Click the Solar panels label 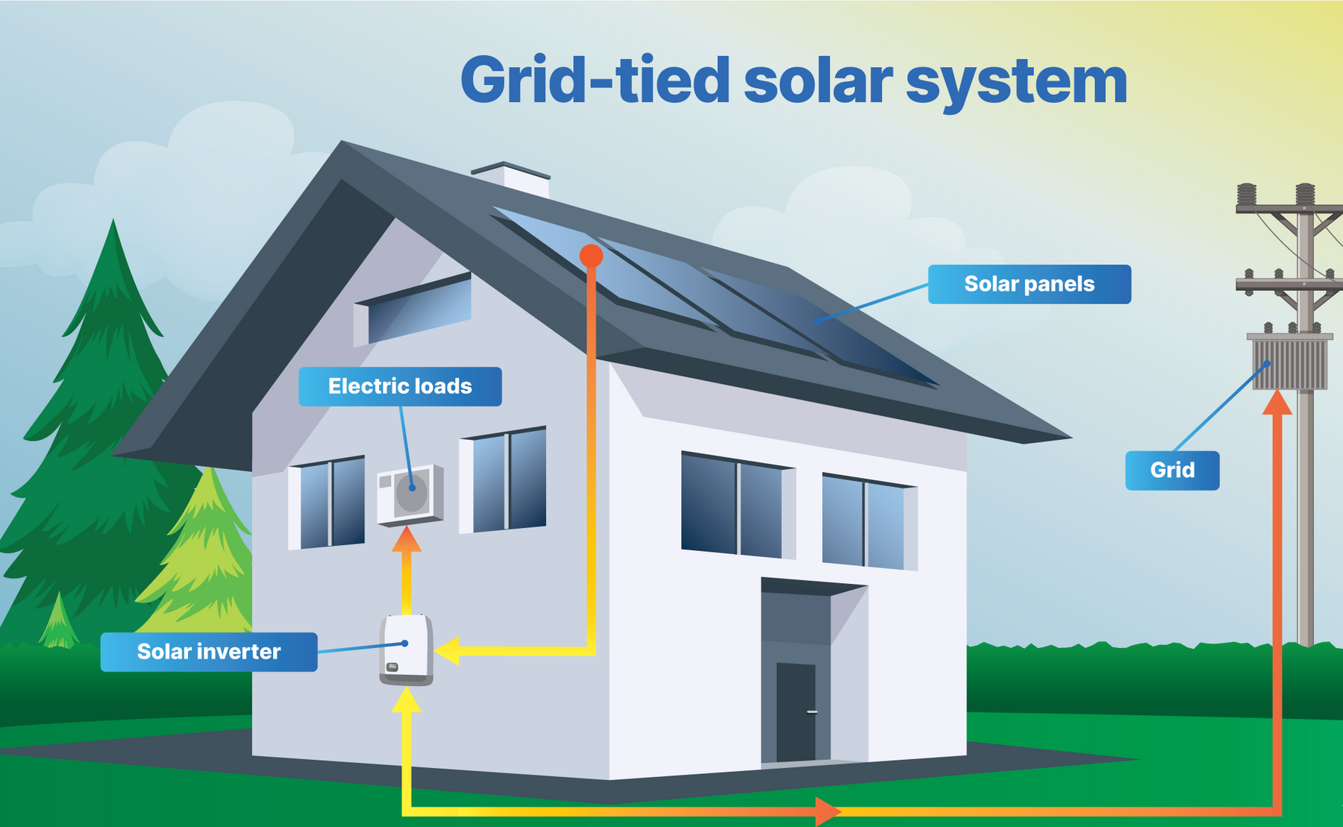coord(1029,284)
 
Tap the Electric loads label coord(400,386)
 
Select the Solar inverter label coord(209,652)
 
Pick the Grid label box coord(1172,471)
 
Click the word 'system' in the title coord(1016,82)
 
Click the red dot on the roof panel coord(591,256)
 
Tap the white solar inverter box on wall coord(407,649)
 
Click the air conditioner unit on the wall coord(410,494)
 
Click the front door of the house coord(795,712)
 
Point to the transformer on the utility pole coord(1290,363)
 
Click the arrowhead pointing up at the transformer coord(1277,403)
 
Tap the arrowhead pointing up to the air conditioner coord(407,539)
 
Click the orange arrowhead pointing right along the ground coord(827,811)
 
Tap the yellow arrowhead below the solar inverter coord(407,699)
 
